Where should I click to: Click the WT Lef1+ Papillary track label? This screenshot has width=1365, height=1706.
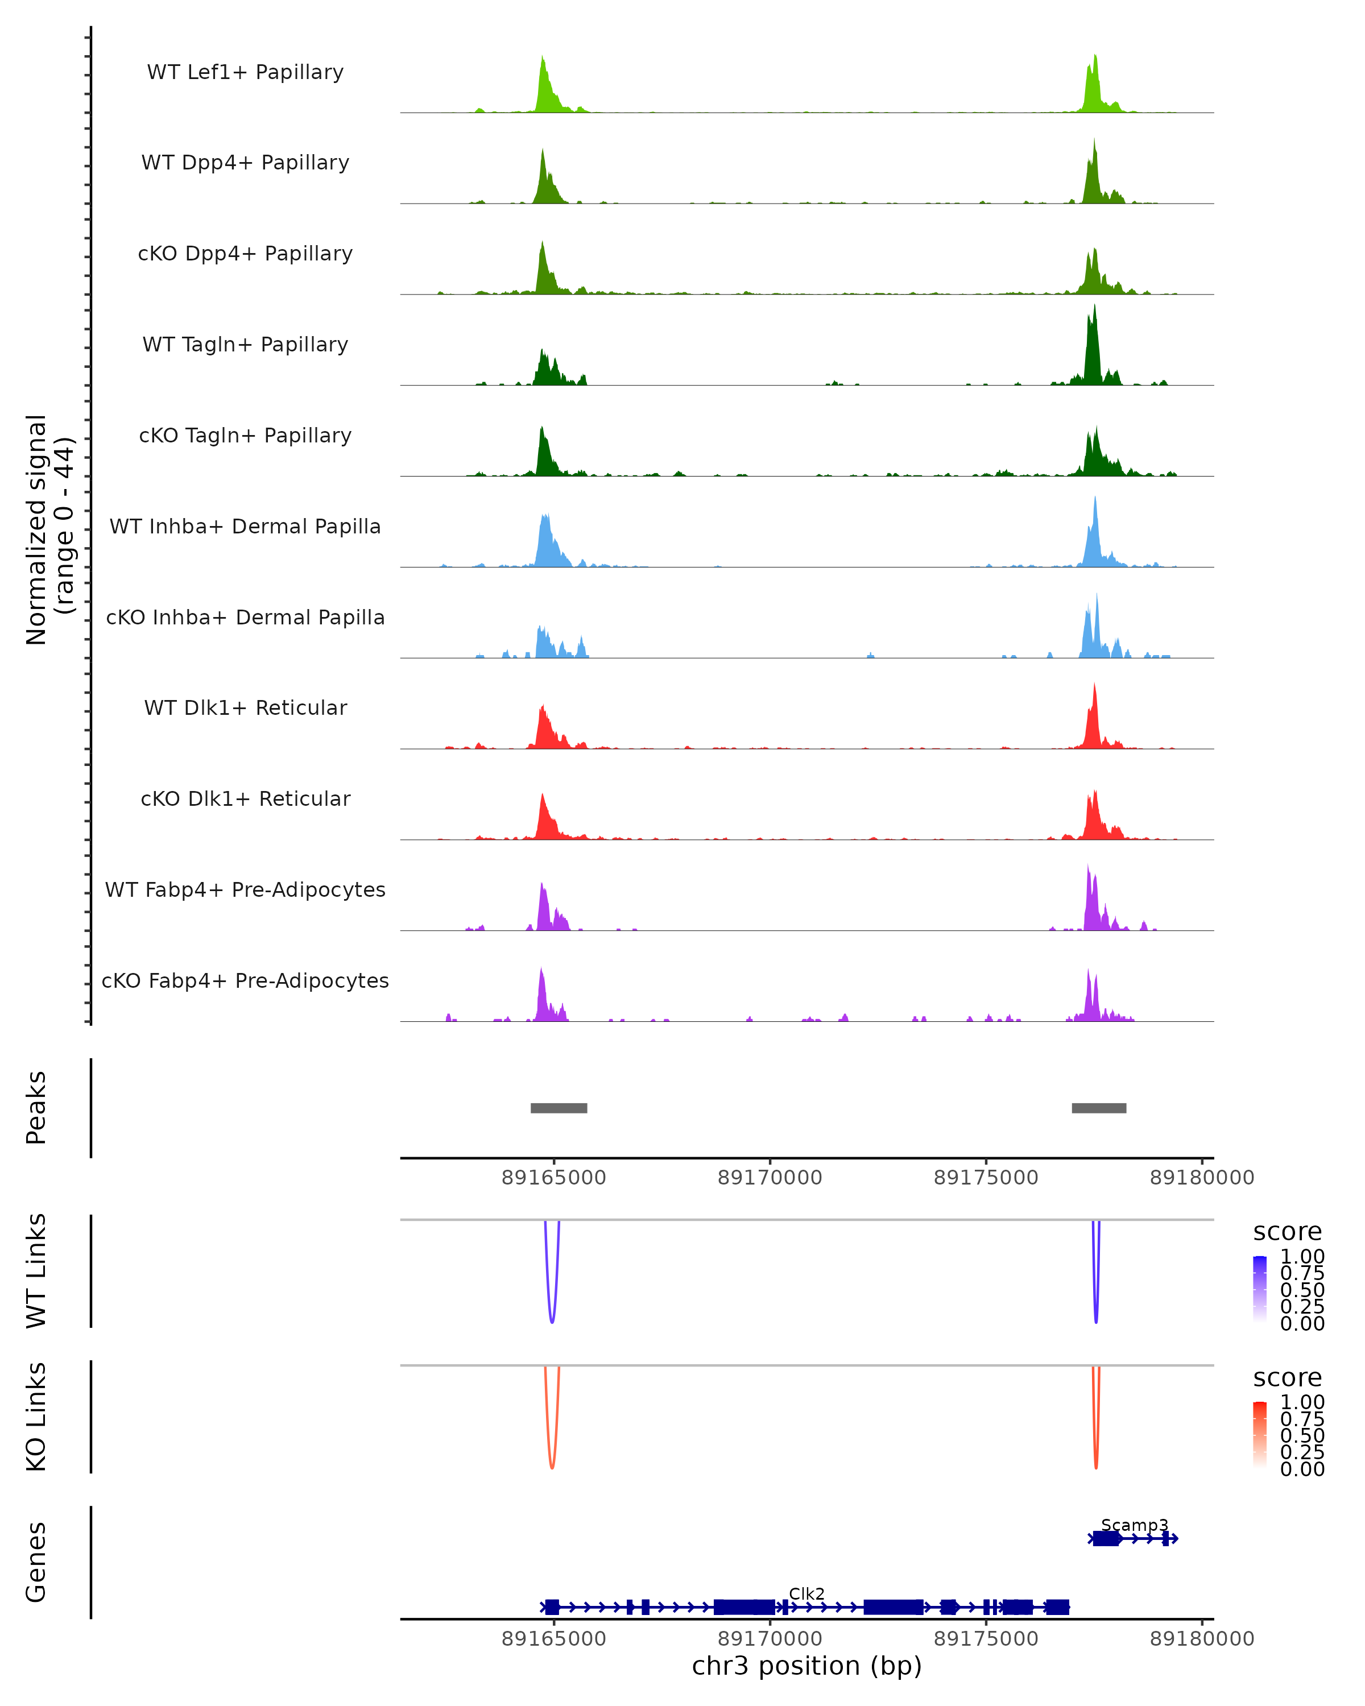245,72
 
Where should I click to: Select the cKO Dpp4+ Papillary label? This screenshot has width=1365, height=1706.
245,254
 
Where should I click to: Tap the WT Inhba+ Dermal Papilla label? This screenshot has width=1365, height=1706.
245,527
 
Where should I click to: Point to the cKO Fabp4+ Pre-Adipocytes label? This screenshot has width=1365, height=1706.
245,981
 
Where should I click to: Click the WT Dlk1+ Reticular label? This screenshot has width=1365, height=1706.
245,708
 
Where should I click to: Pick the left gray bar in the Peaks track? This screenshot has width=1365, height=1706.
559,1108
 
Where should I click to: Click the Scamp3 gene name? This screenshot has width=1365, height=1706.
1134,1525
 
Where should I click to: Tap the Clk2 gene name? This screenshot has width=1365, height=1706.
806,1593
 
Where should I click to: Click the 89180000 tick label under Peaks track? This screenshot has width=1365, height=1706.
1201,1178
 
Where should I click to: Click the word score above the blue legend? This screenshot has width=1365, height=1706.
1287,1232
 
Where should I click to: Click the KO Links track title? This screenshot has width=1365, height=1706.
36,1417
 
